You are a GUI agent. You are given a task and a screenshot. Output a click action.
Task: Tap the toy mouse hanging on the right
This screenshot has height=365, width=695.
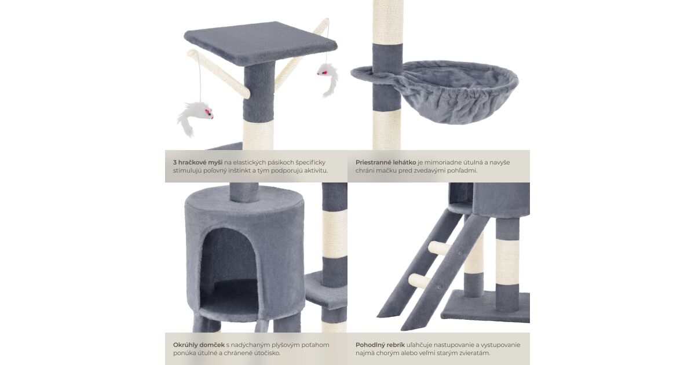point(328,79)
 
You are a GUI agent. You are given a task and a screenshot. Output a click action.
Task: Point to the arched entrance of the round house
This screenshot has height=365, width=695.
point(229,270)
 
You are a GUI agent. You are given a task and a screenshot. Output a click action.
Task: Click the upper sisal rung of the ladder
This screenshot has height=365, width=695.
point(440,248)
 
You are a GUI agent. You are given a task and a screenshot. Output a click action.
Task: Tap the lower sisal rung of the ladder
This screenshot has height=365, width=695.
point(419,280)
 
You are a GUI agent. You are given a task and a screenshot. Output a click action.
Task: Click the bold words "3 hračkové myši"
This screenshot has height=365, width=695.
point(197,162)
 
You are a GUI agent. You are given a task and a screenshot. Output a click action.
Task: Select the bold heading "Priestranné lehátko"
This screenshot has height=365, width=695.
point(386,162)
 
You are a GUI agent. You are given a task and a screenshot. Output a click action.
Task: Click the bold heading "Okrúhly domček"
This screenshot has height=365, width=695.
point(199,345)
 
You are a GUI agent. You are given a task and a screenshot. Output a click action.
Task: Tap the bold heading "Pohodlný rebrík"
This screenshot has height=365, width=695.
point(380,345)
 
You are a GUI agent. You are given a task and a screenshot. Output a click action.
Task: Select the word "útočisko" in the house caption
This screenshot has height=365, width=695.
point(266,353)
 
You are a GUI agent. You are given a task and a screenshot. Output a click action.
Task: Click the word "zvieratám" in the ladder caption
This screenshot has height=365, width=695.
point(473,353)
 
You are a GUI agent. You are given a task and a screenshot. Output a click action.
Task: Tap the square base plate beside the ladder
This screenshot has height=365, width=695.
point(485,306)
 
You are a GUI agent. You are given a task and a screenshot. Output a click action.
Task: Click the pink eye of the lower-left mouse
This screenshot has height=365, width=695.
point(207,111)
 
